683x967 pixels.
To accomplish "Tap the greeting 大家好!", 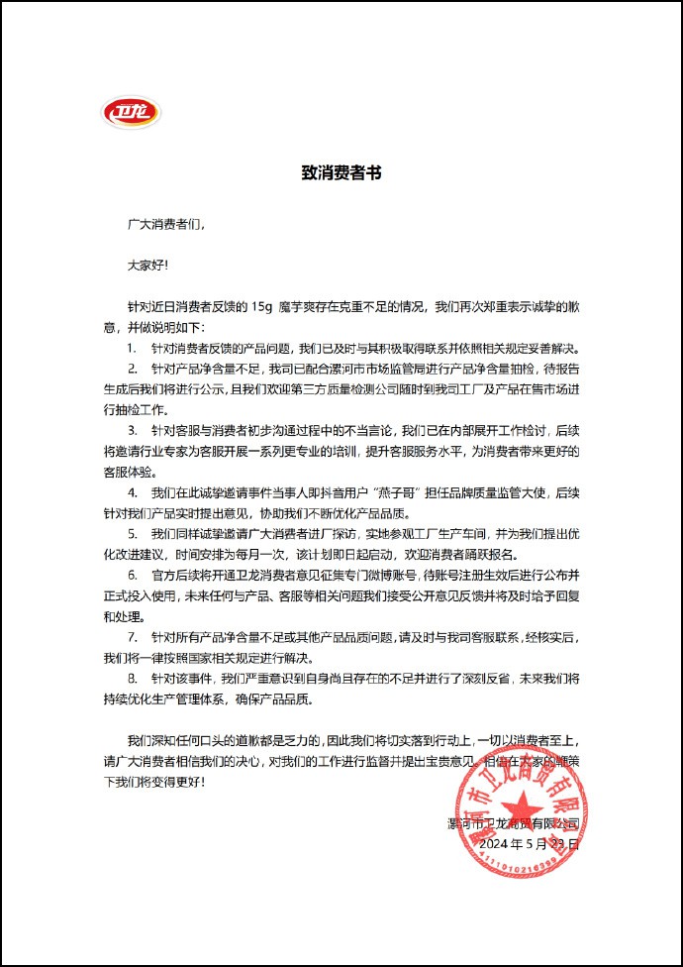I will pyautogui.click(x=147, y=265).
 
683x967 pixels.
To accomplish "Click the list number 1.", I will pyautogui.click(x=132, y=348).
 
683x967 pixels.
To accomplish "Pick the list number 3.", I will pyautogui.click(x=132, y=431).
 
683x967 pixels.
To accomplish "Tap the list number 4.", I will pyautogui.click(x=132, y=493).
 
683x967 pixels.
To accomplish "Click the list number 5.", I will pyautogui.click(x=132, y=534).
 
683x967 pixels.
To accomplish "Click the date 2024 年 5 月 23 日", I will pyautogui.click(x=528, y=844).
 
